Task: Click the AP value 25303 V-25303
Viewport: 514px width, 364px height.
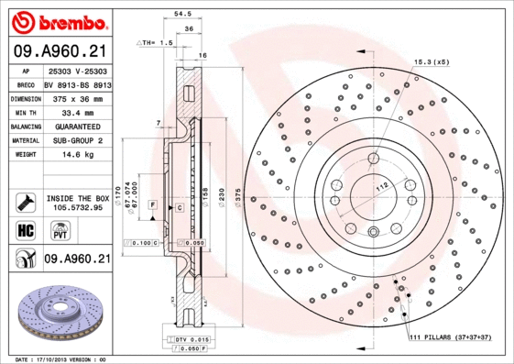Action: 77,71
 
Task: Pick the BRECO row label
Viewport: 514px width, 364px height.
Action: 25,83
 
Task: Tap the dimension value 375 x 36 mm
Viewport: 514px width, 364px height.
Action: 77,97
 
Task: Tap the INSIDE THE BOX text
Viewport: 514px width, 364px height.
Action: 77,198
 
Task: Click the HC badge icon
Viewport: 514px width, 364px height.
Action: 26,229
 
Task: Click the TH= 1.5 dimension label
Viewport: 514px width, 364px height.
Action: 155,43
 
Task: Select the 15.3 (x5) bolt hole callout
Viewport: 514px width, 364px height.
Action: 430,61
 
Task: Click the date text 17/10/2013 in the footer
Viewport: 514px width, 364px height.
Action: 59,358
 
